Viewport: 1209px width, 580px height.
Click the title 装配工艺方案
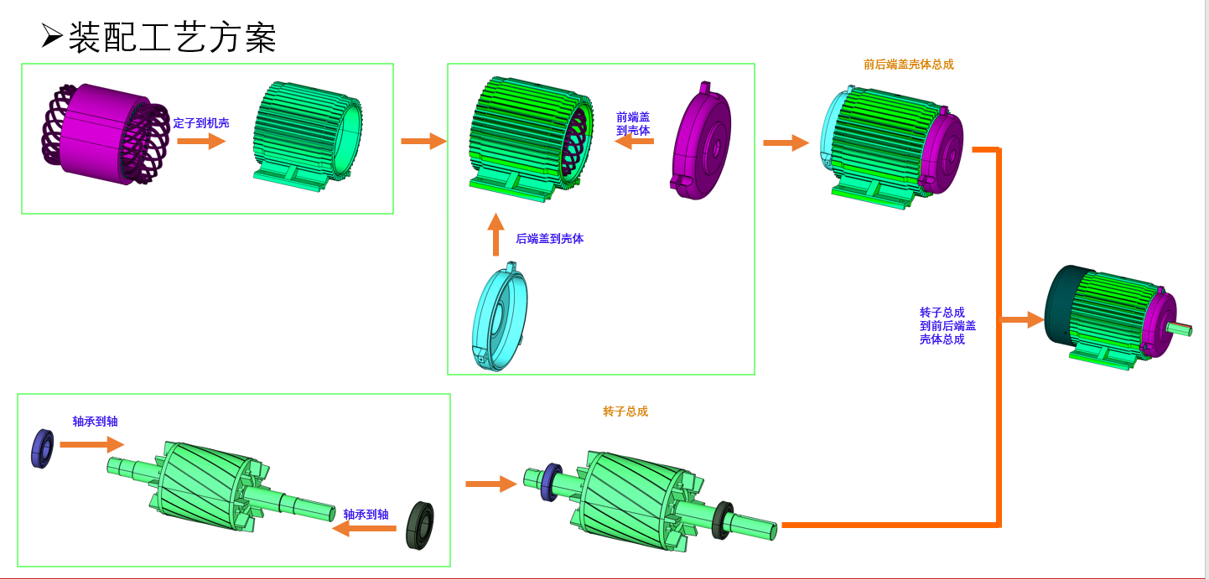(x=171, y=37)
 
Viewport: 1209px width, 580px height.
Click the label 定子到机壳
(x=201, y=123)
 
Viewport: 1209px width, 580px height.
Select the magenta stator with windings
(x=105, y=134)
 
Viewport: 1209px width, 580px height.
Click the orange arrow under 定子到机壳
(x=201, y=141)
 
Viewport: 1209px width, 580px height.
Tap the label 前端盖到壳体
(x=633, y=123)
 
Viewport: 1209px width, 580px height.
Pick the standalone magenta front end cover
(x=701, y=141)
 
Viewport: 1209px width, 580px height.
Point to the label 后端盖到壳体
(x=549, y=239)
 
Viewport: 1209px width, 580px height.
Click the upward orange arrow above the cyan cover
(x=496, y=235)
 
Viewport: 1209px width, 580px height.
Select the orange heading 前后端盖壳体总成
(x=908, y=65)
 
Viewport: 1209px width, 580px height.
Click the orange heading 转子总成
(x=625, y=412)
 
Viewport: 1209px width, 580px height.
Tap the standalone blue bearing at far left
(x=42, y=448)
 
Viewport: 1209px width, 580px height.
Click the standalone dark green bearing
(x=419, y=526)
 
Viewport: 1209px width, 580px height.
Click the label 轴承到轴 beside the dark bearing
(x=366, y=515)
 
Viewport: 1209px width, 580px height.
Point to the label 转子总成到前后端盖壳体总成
(x=947, y=326)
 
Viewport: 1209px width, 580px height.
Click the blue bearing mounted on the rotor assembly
(x=551, y=482)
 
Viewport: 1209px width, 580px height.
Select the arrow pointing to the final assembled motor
(x=1023, y=319)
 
